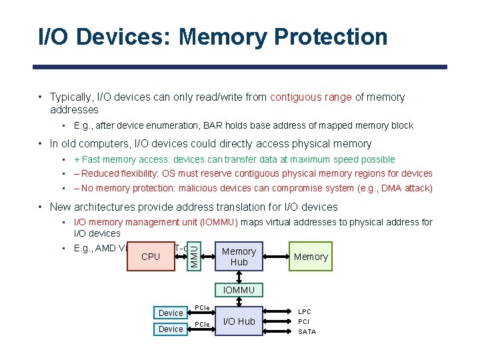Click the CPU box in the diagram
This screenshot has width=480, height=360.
pos(151,257)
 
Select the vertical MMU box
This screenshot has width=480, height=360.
pos(193,256)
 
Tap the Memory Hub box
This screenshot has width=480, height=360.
pos(239,257)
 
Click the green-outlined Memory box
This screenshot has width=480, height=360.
pos(311,257)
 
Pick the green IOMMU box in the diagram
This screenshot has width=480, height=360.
pos(239,290)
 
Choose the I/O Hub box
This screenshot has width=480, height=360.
pos(239,321)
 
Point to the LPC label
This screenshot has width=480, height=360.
pos(304,311)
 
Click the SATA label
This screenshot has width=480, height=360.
pos(307,331)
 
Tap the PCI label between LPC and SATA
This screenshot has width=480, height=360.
pos(303,321)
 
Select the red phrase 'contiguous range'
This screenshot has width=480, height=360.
pos(311,97)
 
